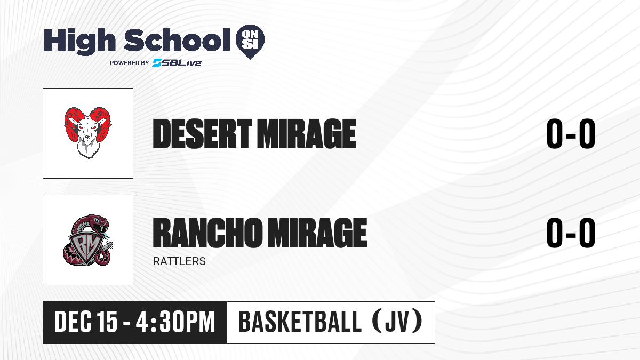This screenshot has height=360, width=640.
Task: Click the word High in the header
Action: click(79, 41)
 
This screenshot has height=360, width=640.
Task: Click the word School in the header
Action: click(177, 40)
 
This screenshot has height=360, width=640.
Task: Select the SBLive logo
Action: click(177, 62)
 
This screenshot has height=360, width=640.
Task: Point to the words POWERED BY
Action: click(130, 63)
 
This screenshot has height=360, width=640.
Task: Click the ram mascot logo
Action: click(87, 133)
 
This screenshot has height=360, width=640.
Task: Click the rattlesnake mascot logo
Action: click(87, 240)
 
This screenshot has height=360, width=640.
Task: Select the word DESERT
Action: click(202, 134)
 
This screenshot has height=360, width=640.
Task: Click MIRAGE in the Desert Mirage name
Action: click(307, 134)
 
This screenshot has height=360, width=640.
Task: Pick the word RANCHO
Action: click(207, 233)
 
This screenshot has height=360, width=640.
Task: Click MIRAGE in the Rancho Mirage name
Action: click(317, 233)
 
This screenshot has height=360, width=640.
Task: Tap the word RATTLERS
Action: click(179, 261)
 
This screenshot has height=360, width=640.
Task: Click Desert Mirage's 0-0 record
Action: click(571, 134)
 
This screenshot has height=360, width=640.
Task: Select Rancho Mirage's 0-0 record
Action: click(571, 233)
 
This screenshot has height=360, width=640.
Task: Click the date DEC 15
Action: click(86, 322)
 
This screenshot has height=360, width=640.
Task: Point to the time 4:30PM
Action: click(175, 322)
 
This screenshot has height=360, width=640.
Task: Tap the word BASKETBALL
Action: click(300, 322)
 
